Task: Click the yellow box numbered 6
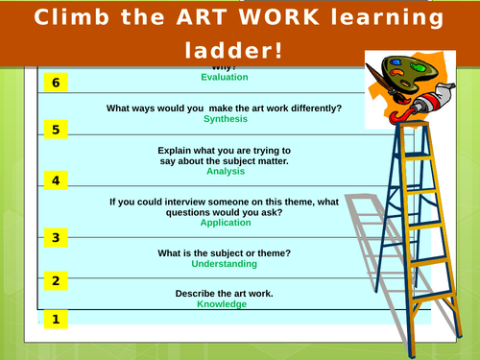(x=56, y=83)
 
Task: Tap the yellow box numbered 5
(x=56, y=130)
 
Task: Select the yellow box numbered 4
(x=56, y=180)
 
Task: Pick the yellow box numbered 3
(x=56, y=237)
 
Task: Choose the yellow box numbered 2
(x=56, y=280)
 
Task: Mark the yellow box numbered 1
(x=56, y=319)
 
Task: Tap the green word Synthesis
(x=223, y=120)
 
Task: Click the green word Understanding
(x=224, y=264)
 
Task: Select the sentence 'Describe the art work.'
(x=223, y=293)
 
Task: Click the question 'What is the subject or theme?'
(x=224, y=253)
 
